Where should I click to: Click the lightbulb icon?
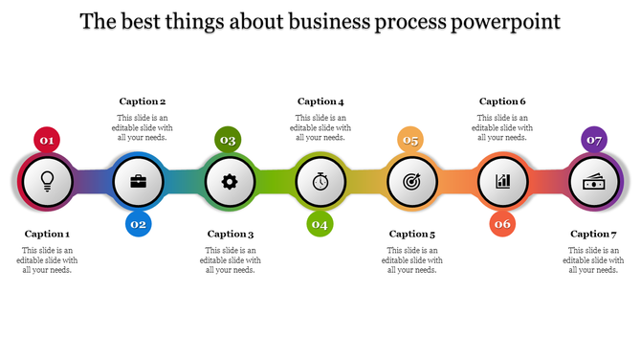pyautogui.click(x=46, y=180)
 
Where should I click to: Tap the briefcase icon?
pyautogui.click(x=138, y=180)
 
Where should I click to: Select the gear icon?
pyautogui.click(x=229, y=180)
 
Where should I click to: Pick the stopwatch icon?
pyautogui.click(x=320, y=180)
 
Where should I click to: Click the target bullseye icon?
pyautogui.click(x=411, y=180)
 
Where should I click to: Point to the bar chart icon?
pyautogui.click(x=503, y=180)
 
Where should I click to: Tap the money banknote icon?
pyautogui.click(x=594, y=180)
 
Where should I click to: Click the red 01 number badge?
pyautogui.click(x=46, y=140)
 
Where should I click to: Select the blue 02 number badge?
pyautogui.click(x=138, y=224)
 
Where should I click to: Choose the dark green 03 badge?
pyautogui.click(x=228, y=140)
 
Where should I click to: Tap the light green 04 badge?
pyautogui.click(x=320, y=224)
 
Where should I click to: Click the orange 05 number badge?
pyautogui.click(x=410, y=140)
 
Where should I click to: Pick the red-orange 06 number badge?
pyautogui.click(x=503, y=224)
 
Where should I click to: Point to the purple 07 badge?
pyautogui.click(x=594, y=140)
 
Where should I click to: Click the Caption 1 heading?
pyautogui.click(x=47, y=234)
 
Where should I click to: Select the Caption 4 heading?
pyautogui.click(x=320, y=101)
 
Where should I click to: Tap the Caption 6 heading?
pyautogui.click(x=502, y=101)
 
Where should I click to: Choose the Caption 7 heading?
pyautogui.click(x=594, y=234)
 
